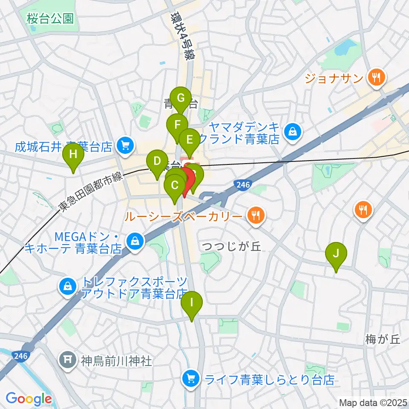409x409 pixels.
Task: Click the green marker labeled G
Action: pos(181,99)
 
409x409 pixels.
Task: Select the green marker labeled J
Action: pos(336,254)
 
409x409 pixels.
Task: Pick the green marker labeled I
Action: pos(191,303)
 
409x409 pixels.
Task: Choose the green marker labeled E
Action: pos(189,139)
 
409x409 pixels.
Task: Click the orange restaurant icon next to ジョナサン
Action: pos(377,78)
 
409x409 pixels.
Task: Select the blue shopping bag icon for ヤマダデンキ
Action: pos(293,132)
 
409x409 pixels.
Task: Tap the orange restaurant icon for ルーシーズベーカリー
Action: pos(256,216)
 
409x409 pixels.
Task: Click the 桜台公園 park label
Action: pos(50,18)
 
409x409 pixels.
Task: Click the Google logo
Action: pos(29,399)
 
